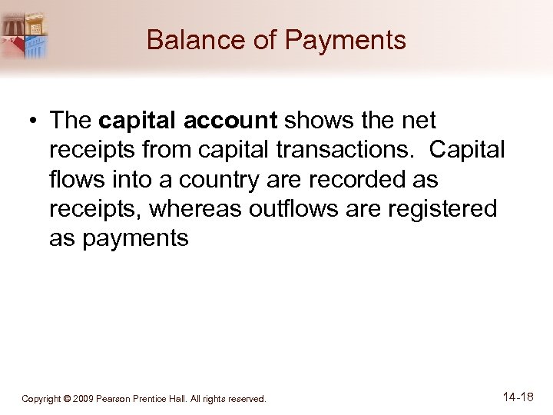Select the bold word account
pyautogui.click(x=243, y=121)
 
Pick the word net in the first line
pyautogui.click(x=418, y=121)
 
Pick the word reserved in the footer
pyautogui.click(x=245, y=399)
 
